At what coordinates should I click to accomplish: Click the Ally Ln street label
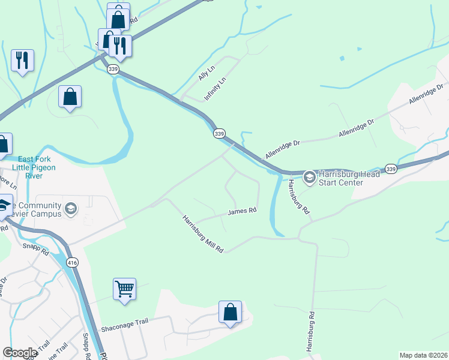click(x=207, y=73)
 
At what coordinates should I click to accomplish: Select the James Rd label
click(x=242, y=211)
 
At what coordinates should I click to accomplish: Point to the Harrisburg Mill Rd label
click(x=203, y=234)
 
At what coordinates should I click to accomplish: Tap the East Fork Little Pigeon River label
click(x=37, y=163)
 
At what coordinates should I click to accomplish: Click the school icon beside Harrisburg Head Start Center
click(x=309, y=176)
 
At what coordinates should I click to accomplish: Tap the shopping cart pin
click(x=124, y=289)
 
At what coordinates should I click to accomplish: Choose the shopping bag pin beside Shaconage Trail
click(x=230, y=311)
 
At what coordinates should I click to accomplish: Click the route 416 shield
click(x=73, y=262)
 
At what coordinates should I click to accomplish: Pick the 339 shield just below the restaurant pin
click(x=113, y=70)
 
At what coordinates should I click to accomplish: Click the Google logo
click(x=20, y=353)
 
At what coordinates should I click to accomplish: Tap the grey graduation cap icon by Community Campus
click(x=71, y=208)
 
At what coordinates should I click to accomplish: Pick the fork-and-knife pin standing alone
click(x=23, y=60)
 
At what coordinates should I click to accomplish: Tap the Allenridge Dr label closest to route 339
click(x=282, y=144)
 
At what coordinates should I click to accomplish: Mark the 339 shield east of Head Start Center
click(x=391, y=169)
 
